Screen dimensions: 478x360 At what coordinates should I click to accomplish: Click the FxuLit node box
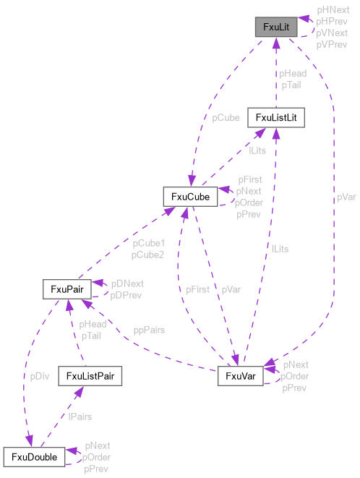pyautogui.click(x=276, y=27)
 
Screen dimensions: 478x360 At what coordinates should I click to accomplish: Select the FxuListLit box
pyautogui.click(x=275, y=117)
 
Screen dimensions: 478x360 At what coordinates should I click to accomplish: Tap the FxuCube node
pyautogui.click(x=190, y=196)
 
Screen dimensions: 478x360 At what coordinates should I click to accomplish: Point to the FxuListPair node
pyautogui.click(x=90, y=376)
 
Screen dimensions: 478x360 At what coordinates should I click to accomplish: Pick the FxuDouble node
pyautogui.click(x=35, y=457)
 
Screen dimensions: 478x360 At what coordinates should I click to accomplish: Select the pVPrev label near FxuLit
pyautogui.click(x=331, y=43)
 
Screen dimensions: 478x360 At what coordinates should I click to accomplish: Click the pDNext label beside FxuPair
pyautogui.click(x=127, y=284)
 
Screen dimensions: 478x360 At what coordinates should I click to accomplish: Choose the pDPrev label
pyautogui.click(x=127, y=294)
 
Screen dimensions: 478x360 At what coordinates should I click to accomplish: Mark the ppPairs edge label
pyautogui.click(x=149, y=330)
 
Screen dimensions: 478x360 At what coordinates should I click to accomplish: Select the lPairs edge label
pyautogui.click(x=80, y=417)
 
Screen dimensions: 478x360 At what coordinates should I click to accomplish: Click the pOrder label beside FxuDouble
pyautogui.click(x=96, y=458)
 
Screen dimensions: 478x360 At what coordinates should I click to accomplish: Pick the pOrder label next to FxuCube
pyautogui.click(x=249, y=202)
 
